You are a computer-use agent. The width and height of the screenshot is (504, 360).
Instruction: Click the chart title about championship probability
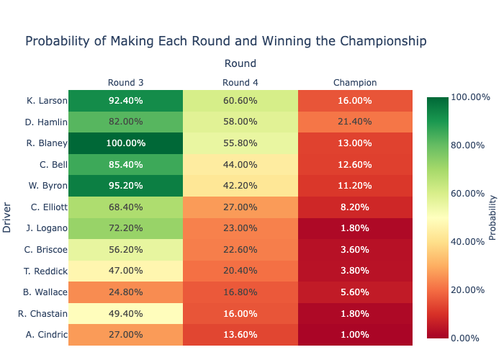click(x=226, y=41)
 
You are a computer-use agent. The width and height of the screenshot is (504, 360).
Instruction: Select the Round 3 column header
click(x=125, y=82)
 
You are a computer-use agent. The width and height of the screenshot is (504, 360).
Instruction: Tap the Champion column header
click(x=355, y=82)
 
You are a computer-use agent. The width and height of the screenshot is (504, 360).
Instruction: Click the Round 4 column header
click(x=240, y=82)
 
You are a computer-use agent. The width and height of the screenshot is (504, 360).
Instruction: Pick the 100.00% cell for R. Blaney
click(x=125, y=143)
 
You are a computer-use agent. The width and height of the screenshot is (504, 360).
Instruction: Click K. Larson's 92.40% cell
click(x=125, y=101)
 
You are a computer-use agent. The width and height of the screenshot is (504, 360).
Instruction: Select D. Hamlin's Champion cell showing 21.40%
click(x=355, y=122)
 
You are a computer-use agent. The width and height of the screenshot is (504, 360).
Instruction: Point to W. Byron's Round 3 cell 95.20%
click(x=125, y=186)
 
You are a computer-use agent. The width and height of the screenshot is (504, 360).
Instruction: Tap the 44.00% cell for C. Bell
click(x=240, y=165)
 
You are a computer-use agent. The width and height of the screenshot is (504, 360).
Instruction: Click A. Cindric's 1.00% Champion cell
click(x=355, y=336)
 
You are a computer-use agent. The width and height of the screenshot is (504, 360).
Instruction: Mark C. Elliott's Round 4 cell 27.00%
click(x=240, y=207)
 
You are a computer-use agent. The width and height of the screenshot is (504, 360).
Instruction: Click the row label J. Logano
click(x=46, y=229)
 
